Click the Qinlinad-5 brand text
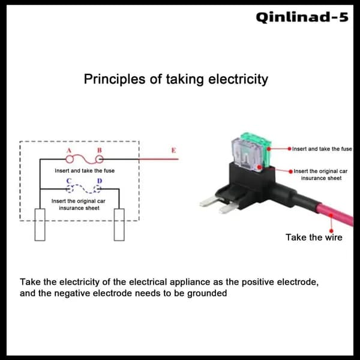point(302,17)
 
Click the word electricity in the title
point(238,79)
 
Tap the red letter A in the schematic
point(69,151)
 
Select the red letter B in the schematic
point(100,151)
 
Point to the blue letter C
point(69,181)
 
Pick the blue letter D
point(100,181)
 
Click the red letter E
point(174,151)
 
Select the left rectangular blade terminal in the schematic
point(40,225)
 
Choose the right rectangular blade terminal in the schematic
point(119,225)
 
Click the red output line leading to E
point(158,159)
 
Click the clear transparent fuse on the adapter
point(247,155)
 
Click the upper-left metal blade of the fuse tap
point(209,202)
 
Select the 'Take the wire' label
point(314,238)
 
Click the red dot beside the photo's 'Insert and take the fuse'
point(290,149)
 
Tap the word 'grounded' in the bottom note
point(207,293)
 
